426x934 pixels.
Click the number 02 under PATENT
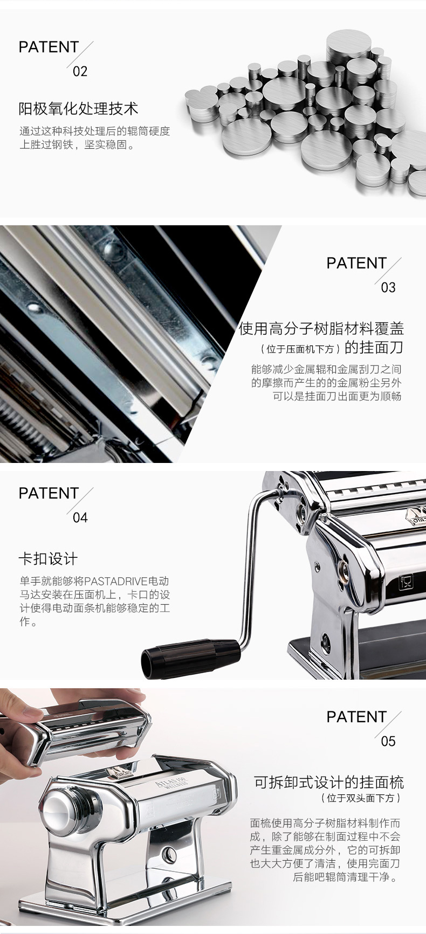(80, 71)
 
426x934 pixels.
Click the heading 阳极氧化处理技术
(79, 108)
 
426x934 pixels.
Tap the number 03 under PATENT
(388, 287)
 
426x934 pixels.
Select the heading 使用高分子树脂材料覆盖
(321, 328)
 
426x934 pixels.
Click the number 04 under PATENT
(80, 517)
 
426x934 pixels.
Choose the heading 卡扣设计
(49, 559)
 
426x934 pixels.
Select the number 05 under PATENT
(388, 741)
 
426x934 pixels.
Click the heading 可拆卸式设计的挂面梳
(329, 783)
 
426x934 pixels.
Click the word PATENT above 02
(49, 47)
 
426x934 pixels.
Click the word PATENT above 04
(49, 493)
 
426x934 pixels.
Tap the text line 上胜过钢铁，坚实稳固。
(77, 145)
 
